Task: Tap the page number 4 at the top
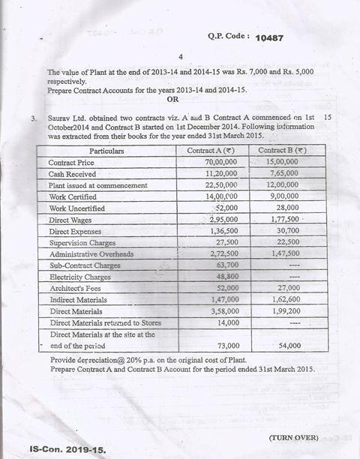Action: (180, 57)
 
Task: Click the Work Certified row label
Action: (76, 196)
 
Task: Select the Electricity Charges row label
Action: (79, 277)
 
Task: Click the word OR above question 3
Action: (172, 99)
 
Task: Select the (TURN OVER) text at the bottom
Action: (292, 437)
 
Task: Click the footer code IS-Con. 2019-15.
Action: (68, 450)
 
